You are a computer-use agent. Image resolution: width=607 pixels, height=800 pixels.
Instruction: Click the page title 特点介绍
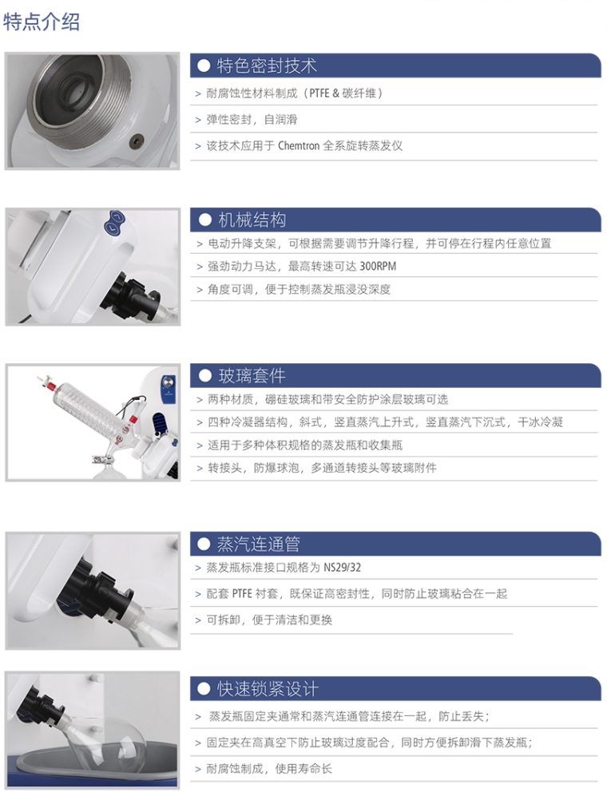tap(42, 22)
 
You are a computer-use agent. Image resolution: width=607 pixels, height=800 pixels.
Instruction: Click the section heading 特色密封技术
tap(267, 65)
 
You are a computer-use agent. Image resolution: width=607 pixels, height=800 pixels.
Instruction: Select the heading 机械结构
tap(252, 220)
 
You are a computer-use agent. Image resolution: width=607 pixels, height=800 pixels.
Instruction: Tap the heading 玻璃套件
tap(252, 376)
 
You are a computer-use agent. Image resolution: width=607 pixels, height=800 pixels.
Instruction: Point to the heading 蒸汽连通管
tap(258, 544)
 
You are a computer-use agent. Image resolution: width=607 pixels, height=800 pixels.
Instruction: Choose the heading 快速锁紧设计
tap(268, 689)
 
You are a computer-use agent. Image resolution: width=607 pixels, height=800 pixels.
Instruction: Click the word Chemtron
tap(299, 146)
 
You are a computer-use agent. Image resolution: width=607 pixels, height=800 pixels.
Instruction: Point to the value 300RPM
tap(378, 267)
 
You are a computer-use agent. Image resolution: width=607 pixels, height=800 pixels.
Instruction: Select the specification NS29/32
tap(342, 568)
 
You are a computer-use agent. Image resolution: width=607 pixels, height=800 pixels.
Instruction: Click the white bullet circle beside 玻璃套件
tap(204, 376)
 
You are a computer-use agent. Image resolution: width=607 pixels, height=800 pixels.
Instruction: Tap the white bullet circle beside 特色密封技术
tap(204, 65)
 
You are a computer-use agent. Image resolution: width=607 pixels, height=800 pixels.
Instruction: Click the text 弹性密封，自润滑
tap(252, 120)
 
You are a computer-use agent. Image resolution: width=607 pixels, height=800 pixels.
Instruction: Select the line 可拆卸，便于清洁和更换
tap(269, 620)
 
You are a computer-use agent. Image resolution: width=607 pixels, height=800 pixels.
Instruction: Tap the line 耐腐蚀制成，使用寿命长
tap(269, 768)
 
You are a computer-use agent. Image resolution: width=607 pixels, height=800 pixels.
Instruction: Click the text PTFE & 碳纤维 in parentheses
tap(343, 93)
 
